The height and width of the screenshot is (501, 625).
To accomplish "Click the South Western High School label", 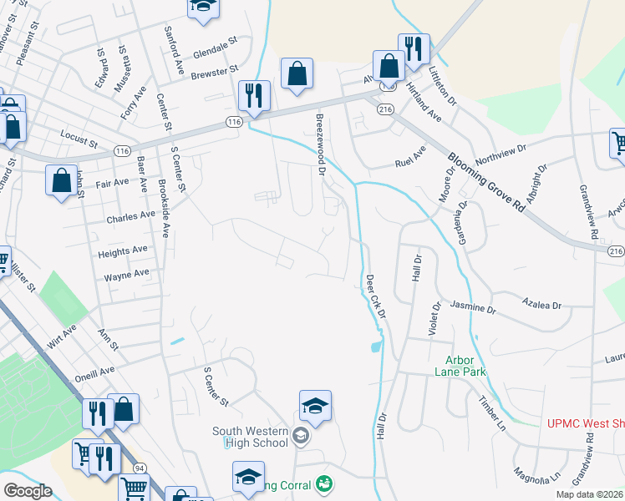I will pos(250,436).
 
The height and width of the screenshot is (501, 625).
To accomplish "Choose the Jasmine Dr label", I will pos(473,307).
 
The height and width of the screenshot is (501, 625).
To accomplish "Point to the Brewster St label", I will pos(215,73).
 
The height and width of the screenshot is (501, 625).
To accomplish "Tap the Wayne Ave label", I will pos(126,274).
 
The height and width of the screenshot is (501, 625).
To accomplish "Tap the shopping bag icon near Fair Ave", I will pos(62,180).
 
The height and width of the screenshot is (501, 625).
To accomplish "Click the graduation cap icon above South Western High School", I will pos(315,406).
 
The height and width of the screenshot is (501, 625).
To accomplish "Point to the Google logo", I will pos(28,491).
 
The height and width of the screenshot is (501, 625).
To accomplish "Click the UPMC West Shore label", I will pos(585,423).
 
